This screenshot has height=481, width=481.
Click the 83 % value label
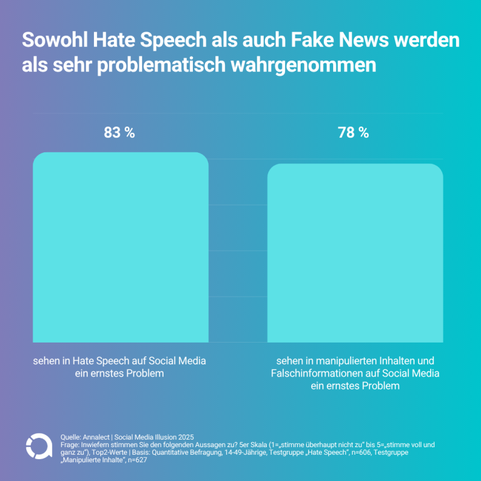120,133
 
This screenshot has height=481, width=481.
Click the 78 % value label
353,133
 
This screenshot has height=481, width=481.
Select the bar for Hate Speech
120,247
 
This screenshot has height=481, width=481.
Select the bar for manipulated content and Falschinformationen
355,253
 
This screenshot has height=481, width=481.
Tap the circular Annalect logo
39,447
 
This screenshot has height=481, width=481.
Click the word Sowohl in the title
55,40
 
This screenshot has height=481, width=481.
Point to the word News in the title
363,40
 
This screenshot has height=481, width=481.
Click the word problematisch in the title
162,65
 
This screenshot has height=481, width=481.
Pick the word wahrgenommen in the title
303,66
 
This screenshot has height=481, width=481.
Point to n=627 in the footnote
137,460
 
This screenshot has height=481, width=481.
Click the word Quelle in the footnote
70,437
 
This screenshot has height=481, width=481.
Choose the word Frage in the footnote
70,445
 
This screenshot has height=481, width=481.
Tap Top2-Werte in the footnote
110,452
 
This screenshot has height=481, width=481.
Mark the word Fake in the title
313,40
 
